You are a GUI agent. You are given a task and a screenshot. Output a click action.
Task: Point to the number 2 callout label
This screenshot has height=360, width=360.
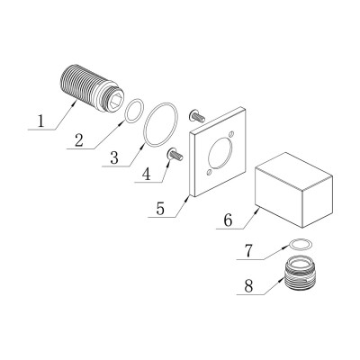(80, 141)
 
